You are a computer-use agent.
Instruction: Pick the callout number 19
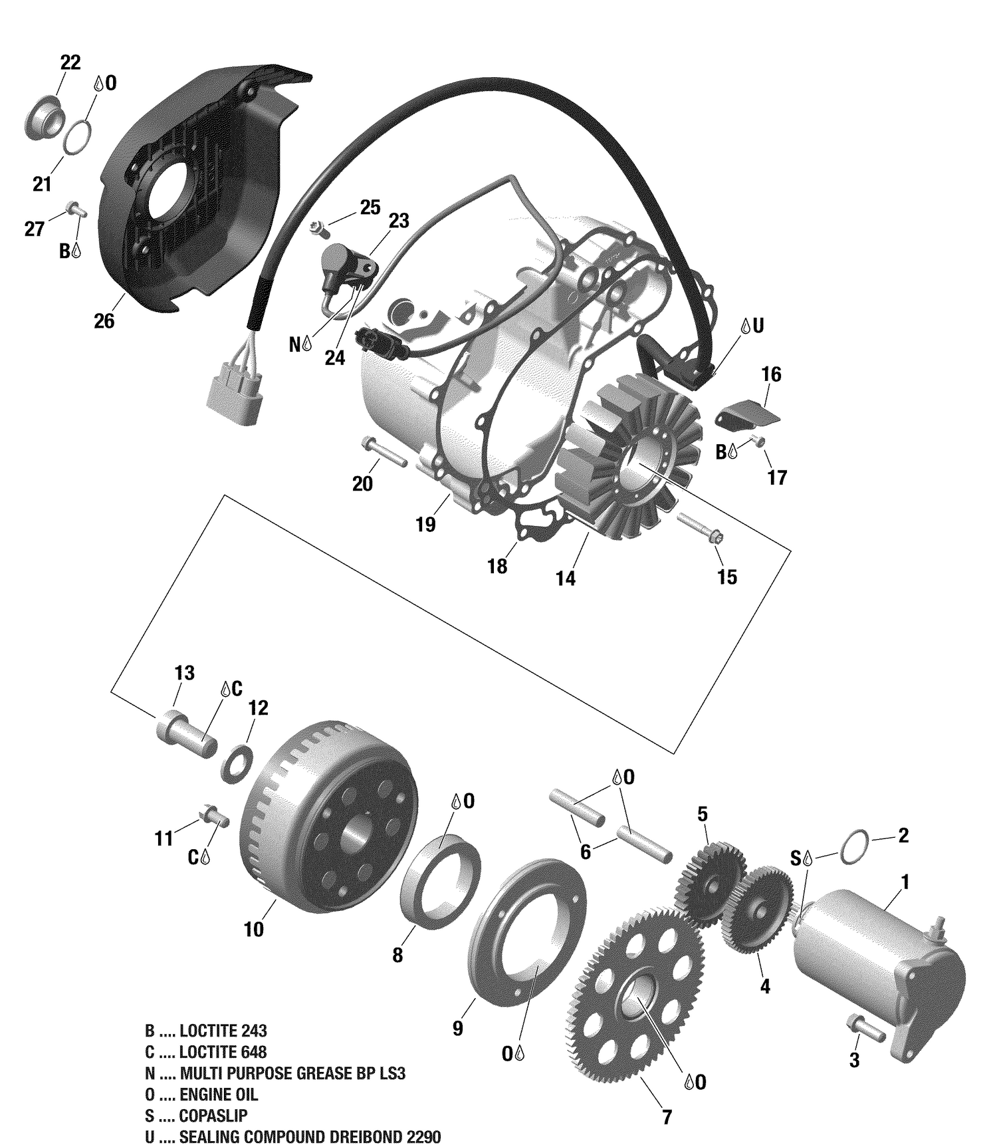pyautogui.click(x=425, y=525)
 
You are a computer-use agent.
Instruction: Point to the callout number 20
pyautogui.click(x=362, y=484)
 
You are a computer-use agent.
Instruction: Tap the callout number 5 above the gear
pyautogui.click(x=702, y=814)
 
